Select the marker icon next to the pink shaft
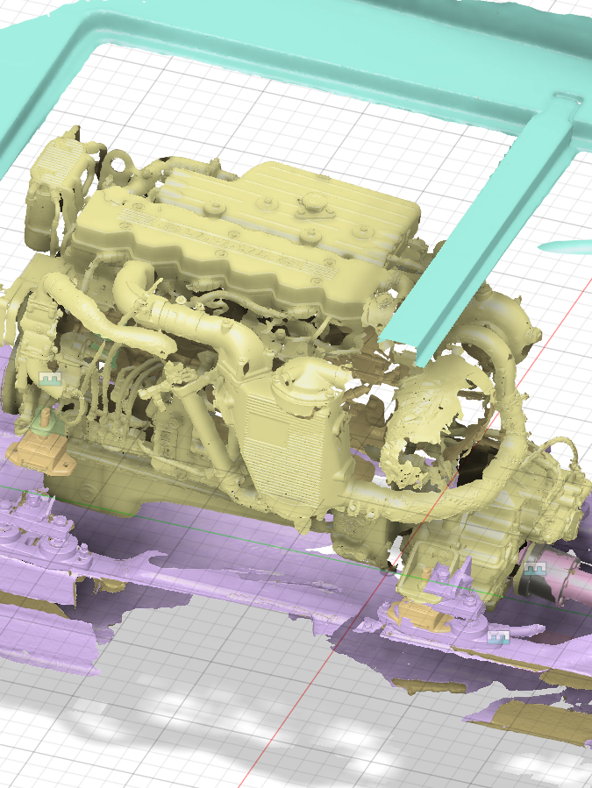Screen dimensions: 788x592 point(537,568)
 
